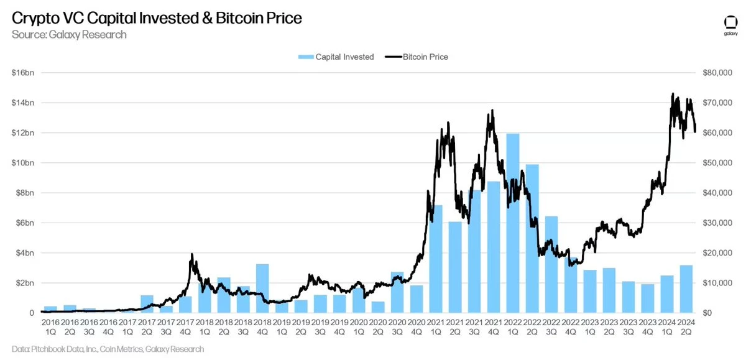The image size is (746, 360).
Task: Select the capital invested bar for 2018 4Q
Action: tap(262, 288)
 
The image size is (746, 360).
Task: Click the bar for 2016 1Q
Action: tap(50, 310)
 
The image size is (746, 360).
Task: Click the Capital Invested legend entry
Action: tap(336, 57)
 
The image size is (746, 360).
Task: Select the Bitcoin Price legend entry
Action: tap(417, 57)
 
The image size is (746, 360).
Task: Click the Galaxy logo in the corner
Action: tap(730, 25)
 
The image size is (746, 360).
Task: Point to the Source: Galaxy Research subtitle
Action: tap(69, 35)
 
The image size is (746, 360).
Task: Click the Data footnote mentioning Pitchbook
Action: tap(108, 349)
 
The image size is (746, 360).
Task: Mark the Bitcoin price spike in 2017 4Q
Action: tap(191, 255)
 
